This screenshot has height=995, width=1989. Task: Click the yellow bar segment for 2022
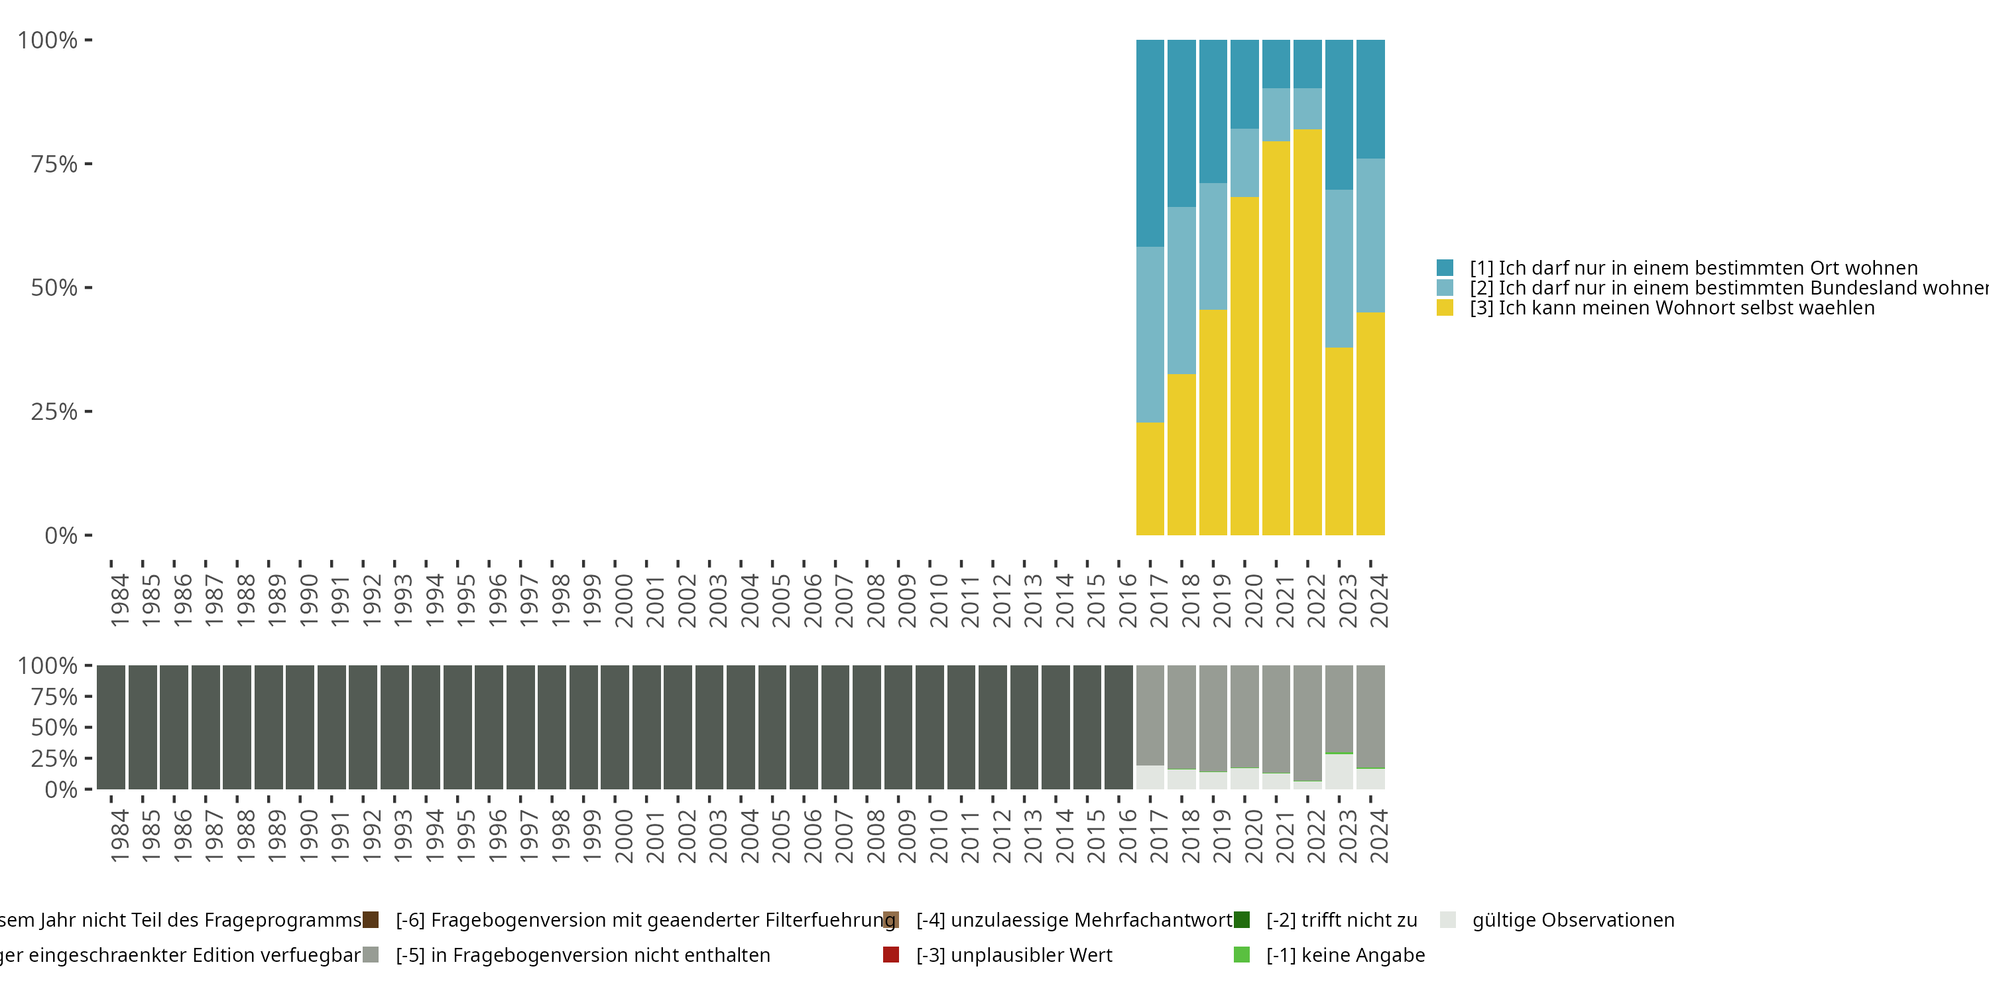click(1307, 332)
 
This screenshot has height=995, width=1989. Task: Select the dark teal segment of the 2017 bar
click(1150, 143)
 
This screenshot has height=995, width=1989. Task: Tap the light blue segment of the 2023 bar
click(1339, 268)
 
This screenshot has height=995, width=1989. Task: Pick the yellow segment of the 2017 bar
click(1150, 479)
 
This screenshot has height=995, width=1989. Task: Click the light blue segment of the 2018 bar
click(1181, 291)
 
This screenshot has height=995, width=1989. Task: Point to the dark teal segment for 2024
click(1370, 99)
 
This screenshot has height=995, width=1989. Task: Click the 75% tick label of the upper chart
click(54, 164)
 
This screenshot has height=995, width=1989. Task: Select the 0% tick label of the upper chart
click(61, 535)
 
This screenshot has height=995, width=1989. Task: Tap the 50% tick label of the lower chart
click(54, 728)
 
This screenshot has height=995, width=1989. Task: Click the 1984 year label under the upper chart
click(120, 600)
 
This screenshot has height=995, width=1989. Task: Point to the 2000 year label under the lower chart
click(623, 836)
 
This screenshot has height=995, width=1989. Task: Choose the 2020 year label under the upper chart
click(1253, 600)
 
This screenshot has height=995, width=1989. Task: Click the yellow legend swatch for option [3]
click(1445, 308)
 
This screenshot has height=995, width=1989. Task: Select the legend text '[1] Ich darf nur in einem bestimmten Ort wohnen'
click(1693, 268)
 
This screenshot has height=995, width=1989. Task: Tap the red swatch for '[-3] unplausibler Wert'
click(891, 955)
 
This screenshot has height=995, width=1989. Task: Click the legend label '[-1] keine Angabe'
click(1345, 955)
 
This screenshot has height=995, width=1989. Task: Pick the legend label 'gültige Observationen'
click(1573, 920)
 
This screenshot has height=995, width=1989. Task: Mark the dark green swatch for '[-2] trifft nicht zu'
click(1242, 920)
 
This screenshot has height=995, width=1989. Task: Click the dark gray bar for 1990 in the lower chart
click(300, 727)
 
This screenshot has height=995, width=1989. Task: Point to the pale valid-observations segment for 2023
click(1339, 771)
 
